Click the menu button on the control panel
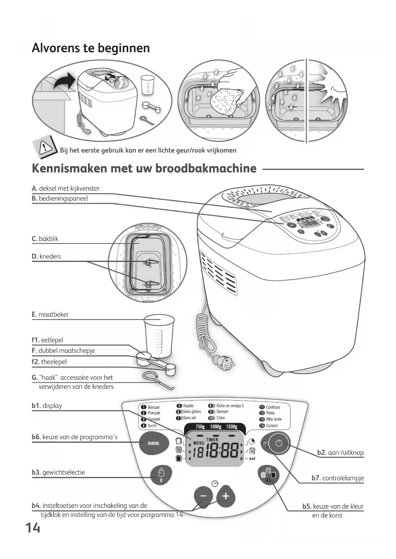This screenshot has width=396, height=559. pos(153,443)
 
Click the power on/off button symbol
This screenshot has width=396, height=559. pos(279,443)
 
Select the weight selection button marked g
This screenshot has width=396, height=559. pos(161,474)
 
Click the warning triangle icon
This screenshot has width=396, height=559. pos(45,147)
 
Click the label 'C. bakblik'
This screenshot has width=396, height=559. pos(45,239)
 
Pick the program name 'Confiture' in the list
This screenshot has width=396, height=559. pos(273,407)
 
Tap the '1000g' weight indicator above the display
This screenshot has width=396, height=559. pos(216,427)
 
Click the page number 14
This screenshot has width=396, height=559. pos(33,528)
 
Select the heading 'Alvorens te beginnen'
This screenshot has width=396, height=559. pos(91,48)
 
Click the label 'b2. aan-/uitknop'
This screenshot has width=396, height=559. pos(340,453)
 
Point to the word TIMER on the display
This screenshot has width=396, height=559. pos(213,439)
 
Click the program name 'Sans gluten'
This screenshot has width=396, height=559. pos(192,412)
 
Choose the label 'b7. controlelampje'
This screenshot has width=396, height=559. pos(338,478)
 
